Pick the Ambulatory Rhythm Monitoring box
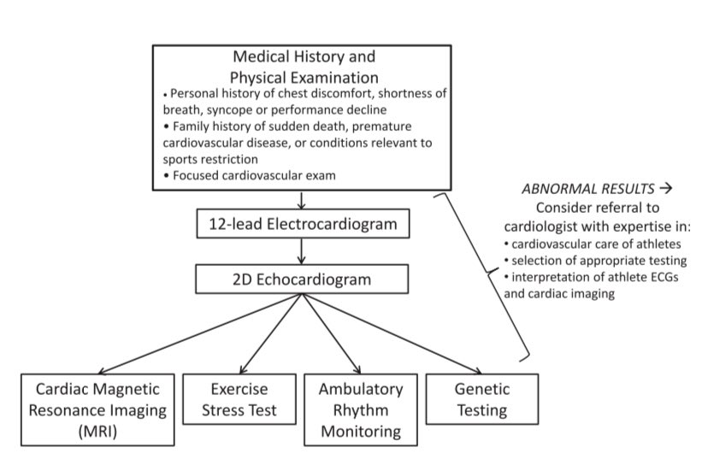point(360,409)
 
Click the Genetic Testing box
point(481,398)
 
